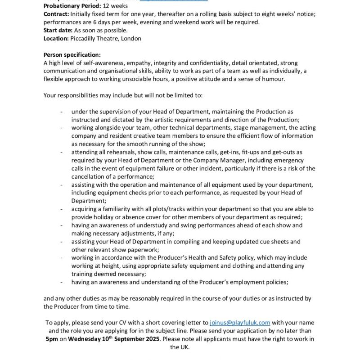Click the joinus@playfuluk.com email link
(240, 323)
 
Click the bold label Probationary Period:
(69, 6)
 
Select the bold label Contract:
(56, 14)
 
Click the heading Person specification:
(72, 55)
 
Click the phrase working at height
(94, 265)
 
